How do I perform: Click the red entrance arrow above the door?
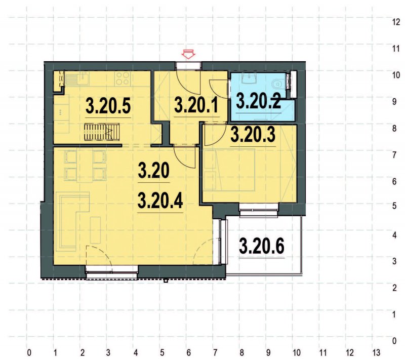189,53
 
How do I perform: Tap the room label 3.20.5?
108,106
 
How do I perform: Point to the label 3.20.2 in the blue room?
259,102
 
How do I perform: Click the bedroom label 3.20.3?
253,135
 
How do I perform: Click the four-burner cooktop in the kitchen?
123,78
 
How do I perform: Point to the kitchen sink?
78,78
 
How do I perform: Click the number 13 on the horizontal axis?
376,351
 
